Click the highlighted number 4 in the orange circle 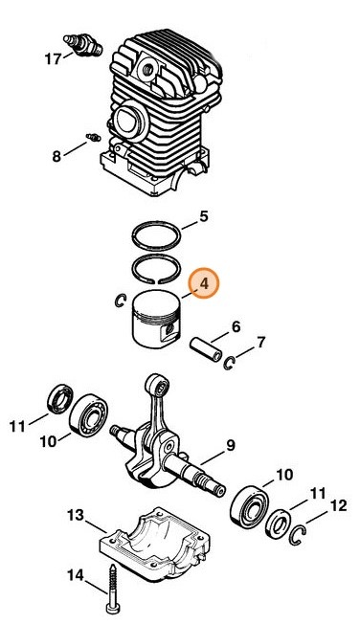coord(204,283)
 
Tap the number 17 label coord(53,59)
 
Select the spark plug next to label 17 coord(83,45)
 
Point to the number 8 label coord(56,156)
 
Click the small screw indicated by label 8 coord(94,137)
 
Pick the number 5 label coord(204,217)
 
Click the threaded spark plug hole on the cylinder coord(146,68)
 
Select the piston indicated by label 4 coord(156,319)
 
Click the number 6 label coord(236,327)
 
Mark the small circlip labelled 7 coord(228,364)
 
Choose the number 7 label coord(260,343)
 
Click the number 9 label coord(231,445)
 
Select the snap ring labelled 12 coord(299,535)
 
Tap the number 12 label coord(339,506)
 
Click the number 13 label coord(76,515)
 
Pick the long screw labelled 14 coord(112,590)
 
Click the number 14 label coord(76,575)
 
